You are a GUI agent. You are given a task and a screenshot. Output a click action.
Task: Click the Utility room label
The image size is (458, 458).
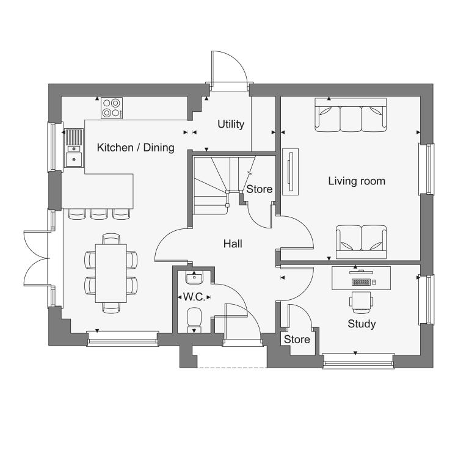pos(231,124)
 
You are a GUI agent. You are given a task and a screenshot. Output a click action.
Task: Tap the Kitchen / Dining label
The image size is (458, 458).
pos(136,148)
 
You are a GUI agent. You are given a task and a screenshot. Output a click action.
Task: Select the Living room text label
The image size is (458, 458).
pos(357,181)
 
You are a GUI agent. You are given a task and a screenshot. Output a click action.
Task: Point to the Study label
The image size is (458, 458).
pos(362,324)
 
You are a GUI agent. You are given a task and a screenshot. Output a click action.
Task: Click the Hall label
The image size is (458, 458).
pos(233,244)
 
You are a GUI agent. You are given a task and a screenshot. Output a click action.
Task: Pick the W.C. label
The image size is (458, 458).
pos(194,297)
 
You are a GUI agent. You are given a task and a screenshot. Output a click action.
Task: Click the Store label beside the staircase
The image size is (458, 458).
pos(259,189)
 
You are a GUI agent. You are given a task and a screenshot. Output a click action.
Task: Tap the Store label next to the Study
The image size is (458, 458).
pos(297,340)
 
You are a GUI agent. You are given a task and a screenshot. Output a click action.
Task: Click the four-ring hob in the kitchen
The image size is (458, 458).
pos(112,108)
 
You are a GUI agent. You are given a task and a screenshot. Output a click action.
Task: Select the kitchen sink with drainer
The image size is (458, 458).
pos(74,148)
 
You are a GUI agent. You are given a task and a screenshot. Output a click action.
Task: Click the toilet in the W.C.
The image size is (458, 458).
pos(194,320)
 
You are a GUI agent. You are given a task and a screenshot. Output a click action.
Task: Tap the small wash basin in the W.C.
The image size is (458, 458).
pos(194,277)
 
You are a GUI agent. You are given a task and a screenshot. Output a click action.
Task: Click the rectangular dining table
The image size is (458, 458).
pos(111,274)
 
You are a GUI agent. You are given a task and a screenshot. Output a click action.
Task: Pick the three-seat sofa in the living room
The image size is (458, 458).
pos(351,115)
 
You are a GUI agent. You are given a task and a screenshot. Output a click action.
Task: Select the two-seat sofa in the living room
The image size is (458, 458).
pos(361,242)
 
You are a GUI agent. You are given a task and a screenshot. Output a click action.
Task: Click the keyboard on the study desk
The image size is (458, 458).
pos(362,282)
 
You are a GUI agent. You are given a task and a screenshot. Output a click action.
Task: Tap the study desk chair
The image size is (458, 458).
pos(362,301)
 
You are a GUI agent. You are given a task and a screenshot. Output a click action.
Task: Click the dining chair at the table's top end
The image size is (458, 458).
pos(111,239)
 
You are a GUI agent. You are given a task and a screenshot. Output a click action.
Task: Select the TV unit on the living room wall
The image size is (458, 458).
pos(290,172)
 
